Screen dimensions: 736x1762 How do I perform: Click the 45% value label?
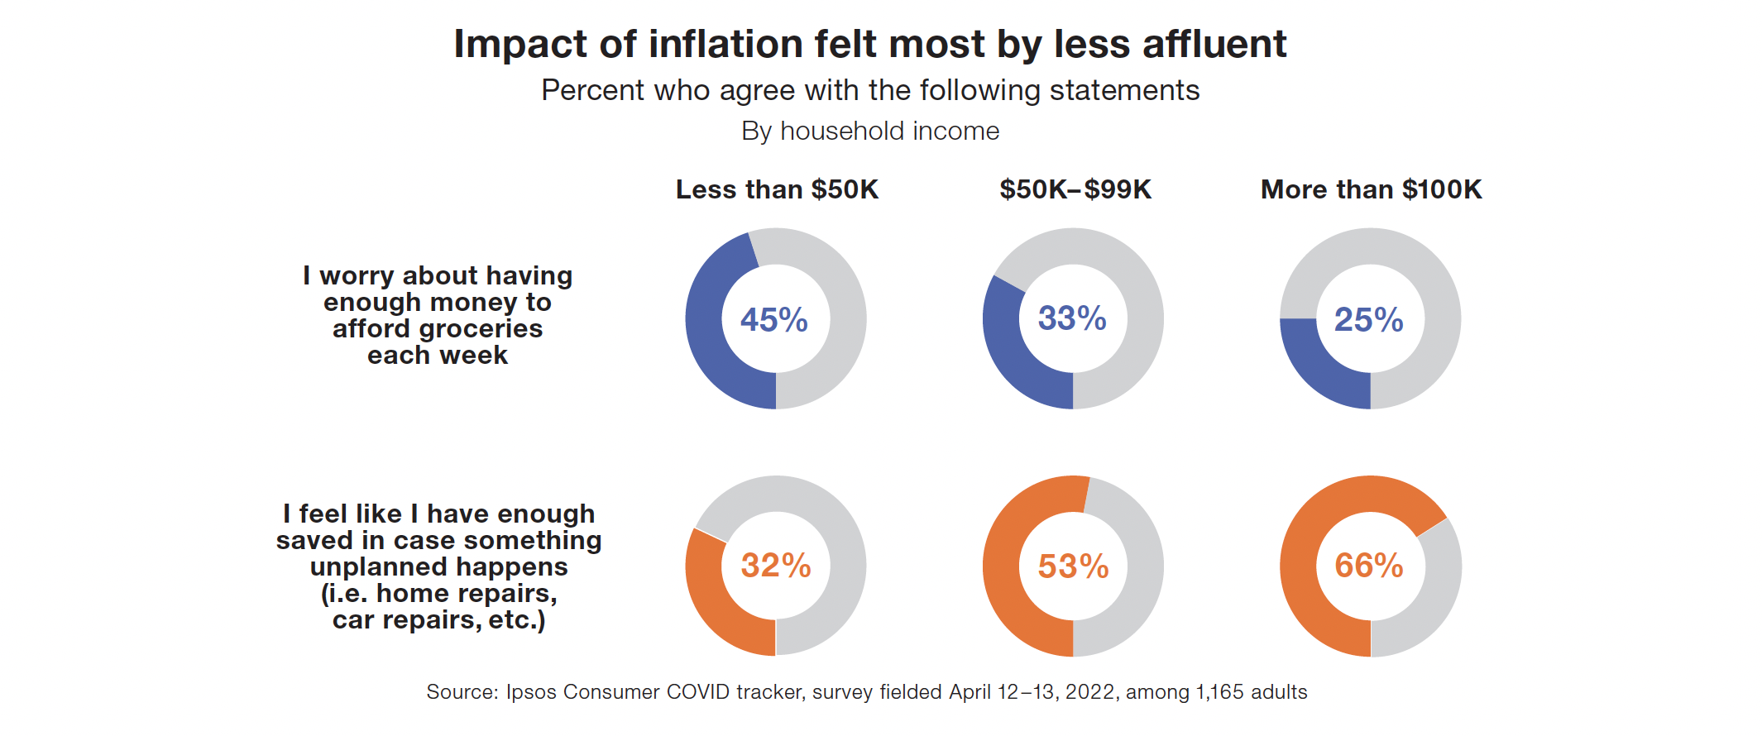pyautogui.click(x=773, y=320)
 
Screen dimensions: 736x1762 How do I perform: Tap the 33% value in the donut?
pyautogui.click(x=1072, y=318)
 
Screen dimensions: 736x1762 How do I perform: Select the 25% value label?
pyautogui.click(x=1368, y=320)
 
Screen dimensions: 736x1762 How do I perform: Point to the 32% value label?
pyautogui.click(x=775, y=566)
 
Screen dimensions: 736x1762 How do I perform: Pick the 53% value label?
pyautogui.click(x=1073, y=566)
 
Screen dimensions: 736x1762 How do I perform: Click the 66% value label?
pyautogui.click(x=1368, y=566)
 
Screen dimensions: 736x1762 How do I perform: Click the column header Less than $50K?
pyautogui.click(x=777, y=189)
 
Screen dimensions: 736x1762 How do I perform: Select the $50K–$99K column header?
pyautogui.click(x=1075, y=189)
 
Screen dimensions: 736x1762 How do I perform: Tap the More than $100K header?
pyautogui.click(x=1371, y=189)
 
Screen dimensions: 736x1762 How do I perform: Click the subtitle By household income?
pyautogui.click(x=870, y=131)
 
